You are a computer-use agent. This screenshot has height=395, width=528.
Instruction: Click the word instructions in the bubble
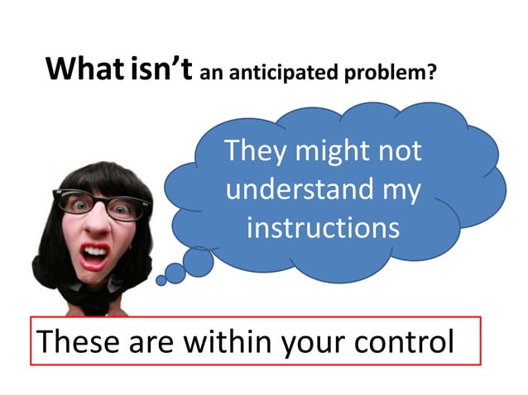point(323,227)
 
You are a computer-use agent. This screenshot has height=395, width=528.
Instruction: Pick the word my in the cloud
point(400,192)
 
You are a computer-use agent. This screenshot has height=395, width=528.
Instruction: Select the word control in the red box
point(408,340)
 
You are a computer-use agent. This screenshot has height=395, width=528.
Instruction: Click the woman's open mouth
point(95,254)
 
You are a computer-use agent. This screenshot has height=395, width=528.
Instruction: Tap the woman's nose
point(98,223)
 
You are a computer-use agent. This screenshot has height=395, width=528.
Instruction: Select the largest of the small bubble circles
point(199,262)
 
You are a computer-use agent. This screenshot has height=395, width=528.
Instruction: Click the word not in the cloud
point(399,153)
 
